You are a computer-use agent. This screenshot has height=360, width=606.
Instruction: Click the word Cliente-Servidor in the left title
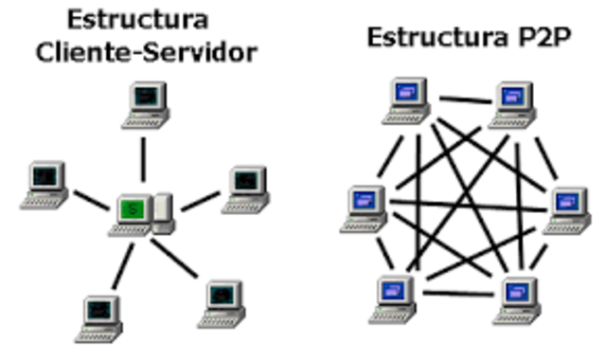148,51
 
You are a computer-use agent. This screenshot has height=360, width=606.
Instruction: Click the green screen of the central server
131,207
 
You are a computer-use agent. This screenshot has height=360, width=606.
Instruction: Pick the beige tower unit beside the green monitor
163,210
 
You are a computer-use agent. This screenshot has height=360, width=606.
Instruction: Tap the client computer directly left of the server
44,183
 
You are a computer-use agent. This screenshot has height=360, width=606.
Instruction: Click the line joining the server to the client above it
144,159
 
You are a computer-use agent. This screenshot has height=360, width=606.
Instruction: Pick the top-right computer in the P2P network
511,100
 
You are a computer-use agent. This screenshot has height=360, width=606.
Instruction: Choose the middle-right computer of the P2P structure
565,202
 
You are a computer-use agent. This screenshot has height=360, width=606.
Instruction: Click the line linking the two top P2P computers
459,98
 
